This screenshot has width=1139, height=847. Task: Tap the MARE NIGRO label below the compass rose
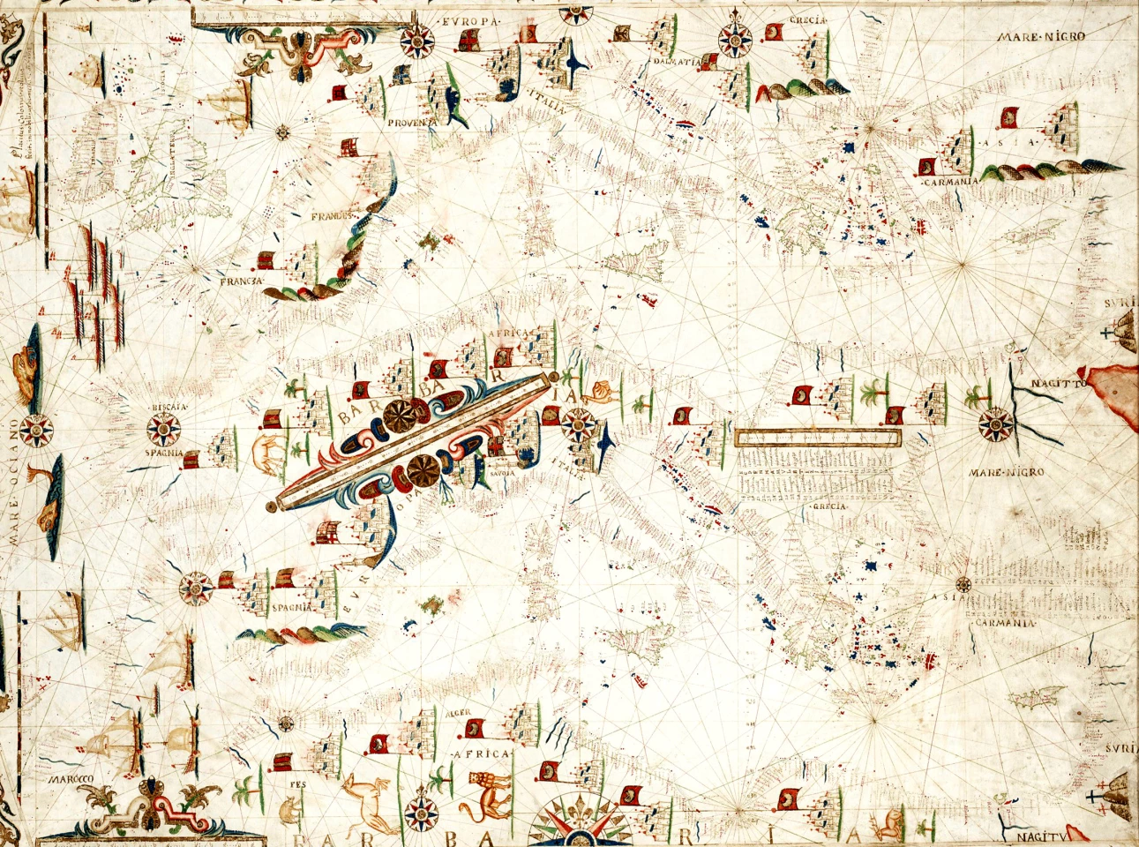(1007, 473)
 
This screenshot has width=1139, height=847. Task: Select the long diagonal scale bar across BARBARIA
(415, 441)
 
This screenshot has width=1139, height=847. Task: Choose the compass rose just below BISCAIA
(164, 431)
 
